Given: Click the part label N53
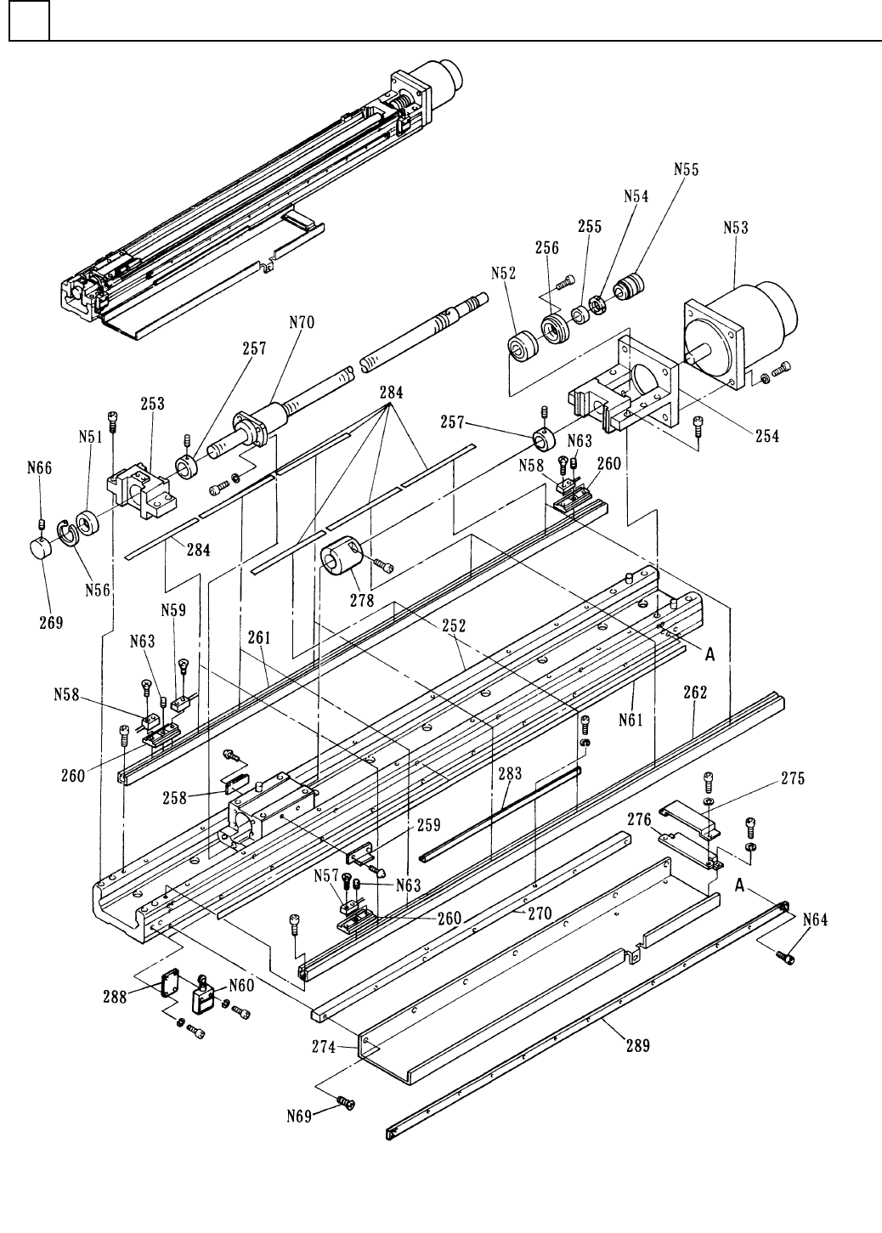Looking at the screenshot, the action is pos(736,228).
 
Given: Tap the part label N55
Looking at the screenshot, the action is pos(686,169).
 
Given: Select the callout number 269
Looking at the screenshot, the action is pos(51,623).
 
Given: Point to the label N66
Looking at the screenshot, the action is pos(40,468).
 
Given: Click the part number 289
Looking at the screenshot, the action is pos(637,1044).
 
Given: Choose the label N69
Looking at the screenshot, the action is pos(299,1117).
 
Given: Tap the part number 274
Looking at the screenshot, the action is pos(324,1046).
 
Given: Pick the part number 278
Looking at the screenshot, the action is pos(362,601).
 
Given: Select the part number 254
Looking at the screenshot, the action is pos(767,436).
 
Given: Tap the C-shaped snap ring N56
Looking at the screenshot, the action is pos(68,532).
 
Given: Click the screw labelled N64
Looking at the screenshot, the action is pos(786,957).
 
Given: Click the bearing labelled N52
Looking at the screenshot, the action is pos(521,346).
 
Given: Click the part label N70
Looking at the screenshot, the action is pos(302,322).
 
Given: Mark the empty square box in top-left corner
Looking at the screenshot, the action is pos(30,21).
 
